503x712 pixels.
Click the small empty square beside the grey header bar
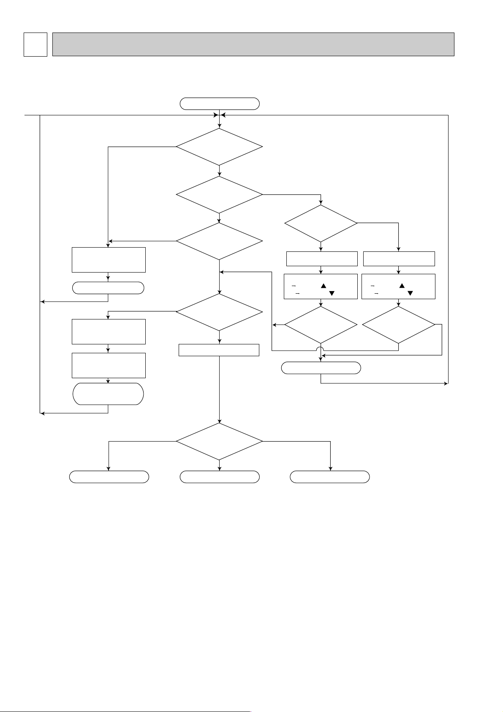pyautogui.click(x=35, y=44)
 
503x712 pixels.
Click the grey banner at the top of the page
pyautogui.click(x=253, y=44)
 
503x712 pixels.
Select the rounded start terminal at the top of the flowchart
pyautogui.click(x=219, y=104)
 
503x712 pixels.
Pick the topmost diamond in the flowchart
pyautogui.click(x=219, y=147)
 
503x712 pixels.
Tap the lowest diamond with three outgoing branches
pyautogui.click(x=219, y=441)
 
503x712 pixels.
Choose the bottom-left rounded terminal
pyautogui.click(x=109, y=477)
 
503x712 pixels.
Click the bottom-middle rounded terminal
pyautogui.click(x=219, y=477)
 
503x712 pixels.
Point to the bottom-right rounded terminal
pyautogui.click(x=330, y=477)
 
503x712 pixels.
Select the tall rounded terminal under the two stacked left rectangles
pyautogui.click(x=109, y=394)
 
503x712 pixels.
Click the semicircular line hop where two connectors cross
pyautogui.click(x=321, y=349)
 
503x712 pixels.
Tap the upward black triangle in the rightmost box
pyautogui.click(x=402, y=286)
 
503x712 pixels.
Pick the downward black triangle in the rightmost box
pyautogui.click(x=409, y=293)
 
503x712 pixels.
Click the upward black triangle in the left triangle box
pyautogui.click(x=324, y=286)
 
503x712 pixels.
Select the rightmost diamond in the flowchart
pyautogui.click(x=398, y=325)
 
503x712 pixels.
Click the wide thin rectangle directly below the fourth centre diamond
pyautogui.click(x=219, y=350)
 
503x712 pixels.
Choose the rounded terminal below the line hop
pyautogui.click(x=321, y=368)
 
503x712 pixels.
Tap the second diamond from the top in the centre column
pyautogui.click(x=219, y=195)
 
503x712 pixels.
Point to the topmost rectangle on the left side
pyautogui.click(x=109, y=260)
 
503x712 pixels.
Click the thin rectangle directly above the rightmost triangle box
pyautogui.click(x=399, y=259)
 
